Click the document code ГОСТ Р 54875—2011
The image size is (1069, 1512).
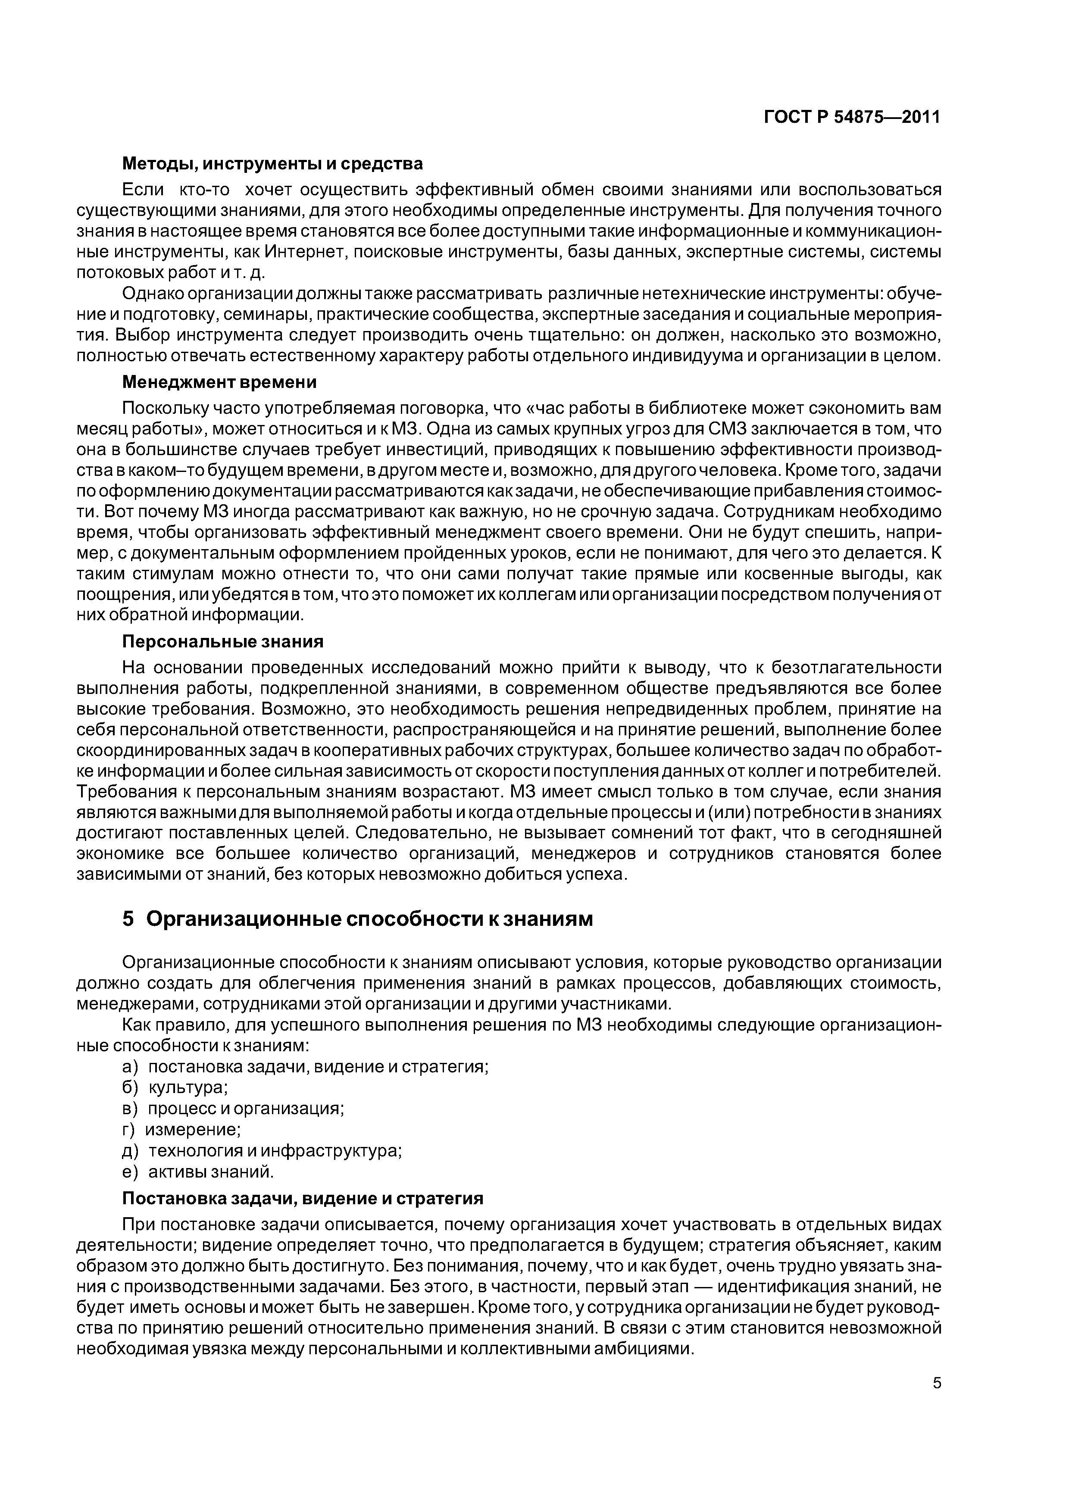tap(852, 117)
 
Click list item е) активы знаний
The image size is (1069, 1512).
tap(197, 1171)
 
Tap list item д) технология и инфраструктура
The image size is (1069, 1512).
tap(262, 1150)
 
